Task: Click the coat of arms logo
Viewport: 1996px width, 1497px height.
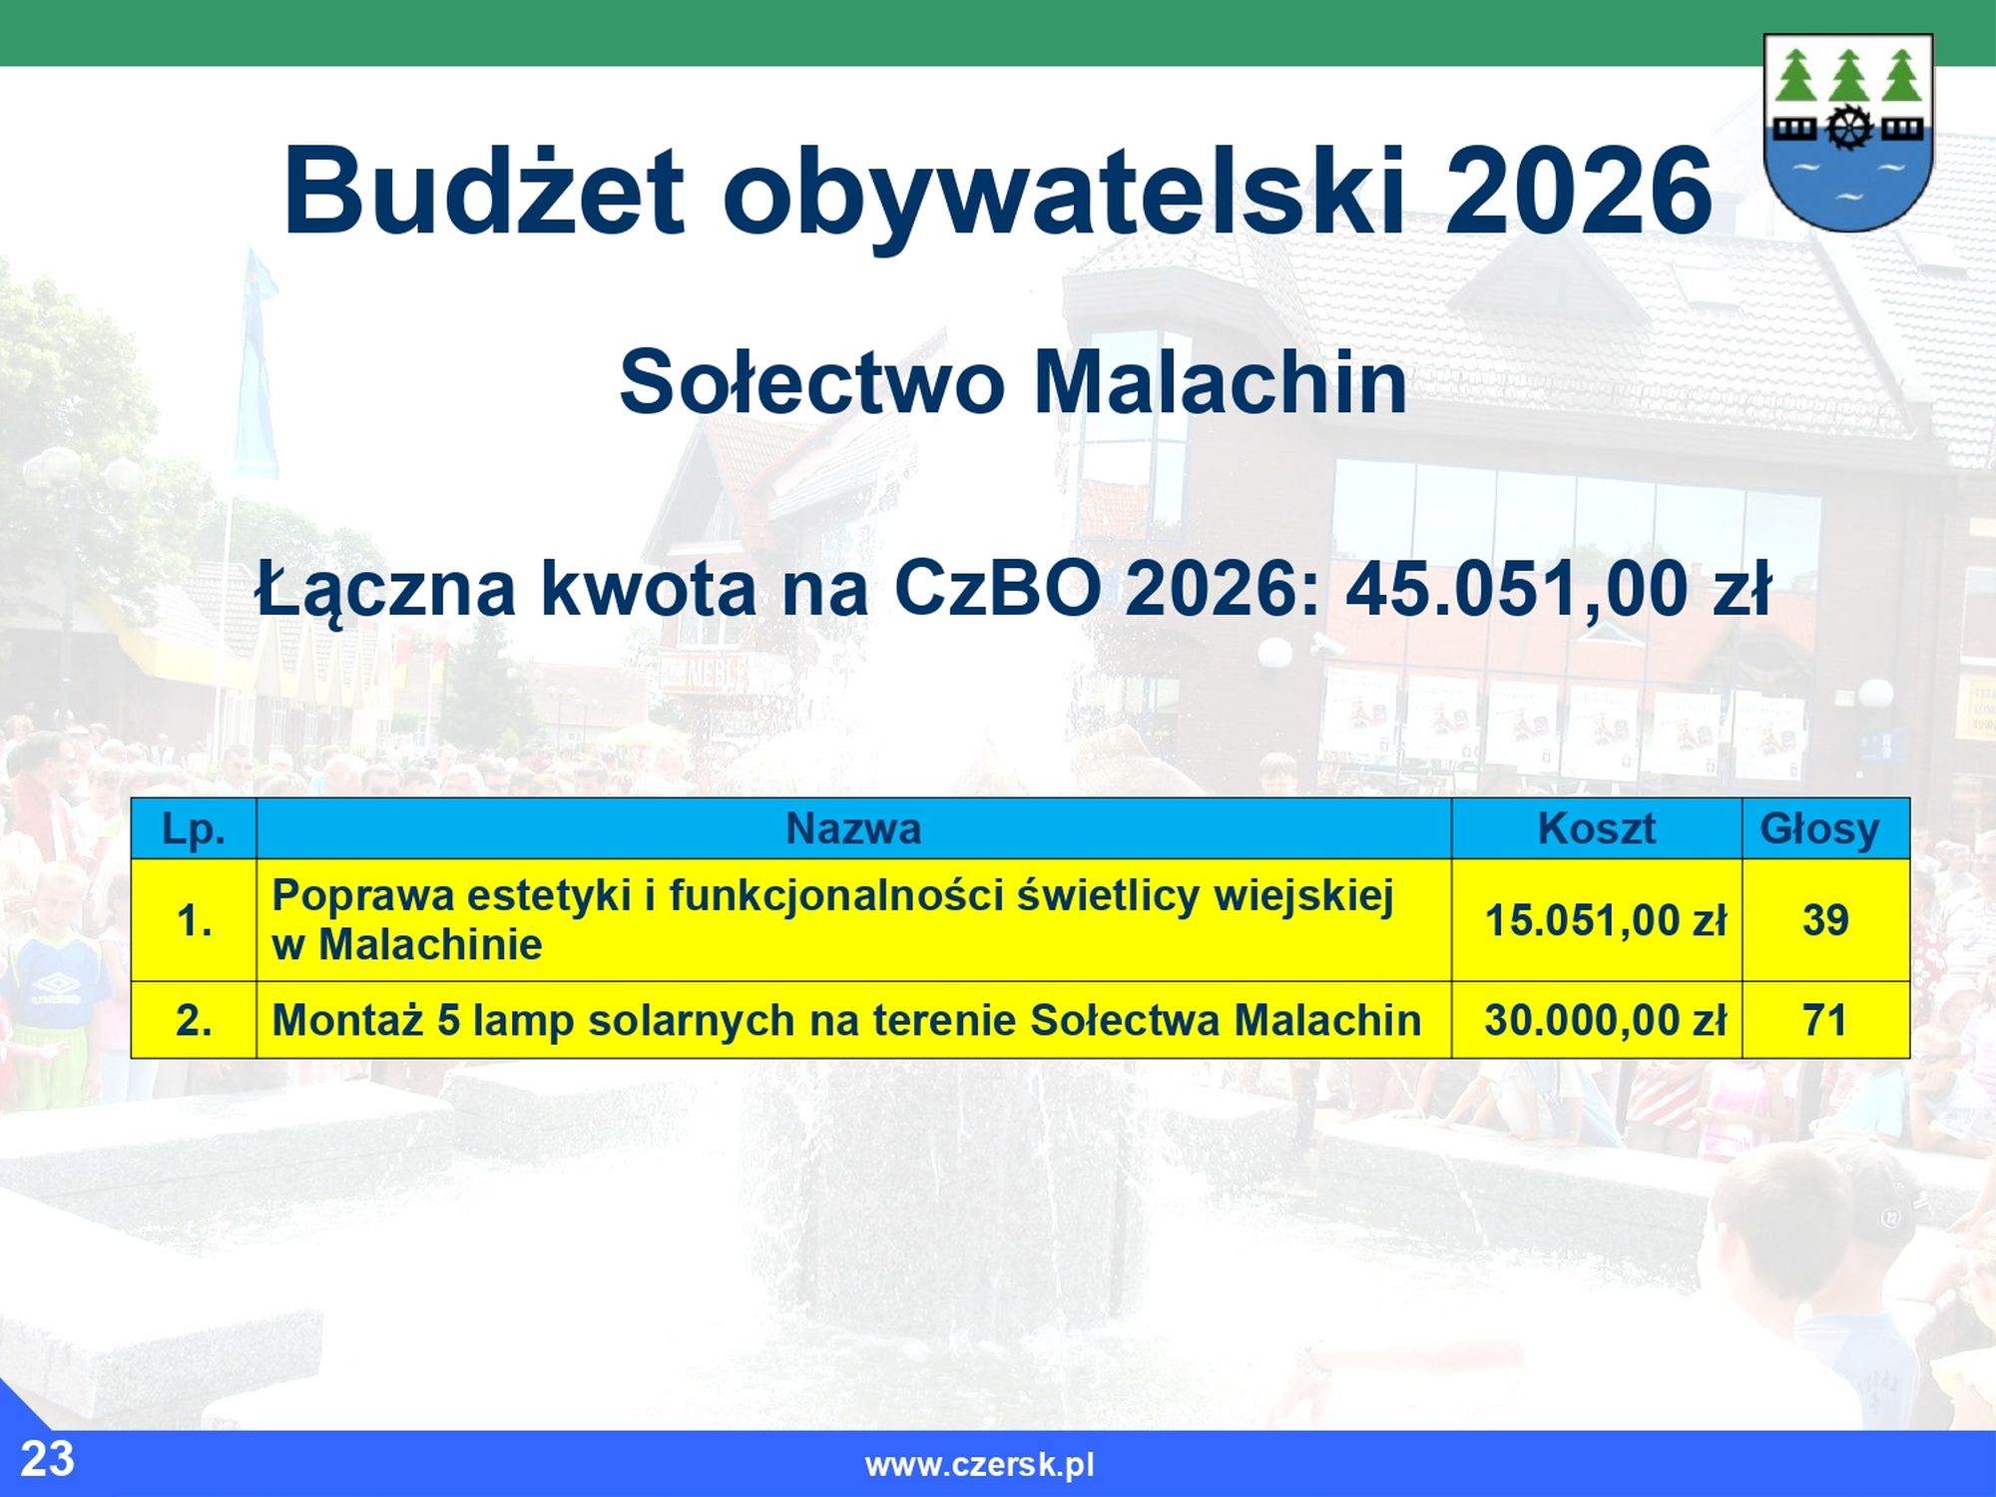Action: (1848, 133)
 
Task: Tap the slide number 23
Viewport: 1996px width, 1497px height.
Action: (47, 1459)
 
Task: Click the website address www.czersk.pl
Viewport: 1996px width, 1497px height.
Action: (979, 1465)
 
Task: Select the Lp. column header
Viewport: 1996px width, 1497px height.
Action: (194, 828)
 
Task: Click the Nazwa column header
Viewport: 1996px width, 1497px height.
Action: (853, 828)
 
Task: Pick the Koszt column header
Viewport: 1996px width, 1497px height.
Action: (1597, 828)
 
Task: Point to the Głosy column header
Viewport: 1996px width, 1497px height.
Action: (1825, 828)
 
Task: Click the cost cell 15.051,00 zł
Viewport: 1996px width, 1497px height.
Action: (1597, 920)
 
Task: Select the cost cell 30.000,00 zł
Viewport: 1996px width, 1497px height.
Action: (1597, 1020)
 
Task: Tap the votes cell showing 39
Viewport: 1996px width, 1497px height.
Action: (1825, 920)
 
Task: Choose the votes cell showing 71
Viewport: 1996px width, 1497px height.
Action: (1825, 1020)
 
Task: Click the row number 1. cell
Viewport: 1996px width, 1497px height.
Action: (194, 920)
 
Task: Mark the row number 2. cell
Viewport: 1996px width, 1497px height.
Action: (194, 1020)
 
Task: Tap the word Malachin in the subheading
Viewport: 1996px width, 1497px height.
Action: (1220, 381)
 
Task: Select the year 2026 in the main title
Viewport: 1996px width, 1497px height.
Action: (1578, 190)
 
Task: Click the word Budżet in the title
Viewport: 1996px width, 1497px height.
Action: (484, 190)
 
